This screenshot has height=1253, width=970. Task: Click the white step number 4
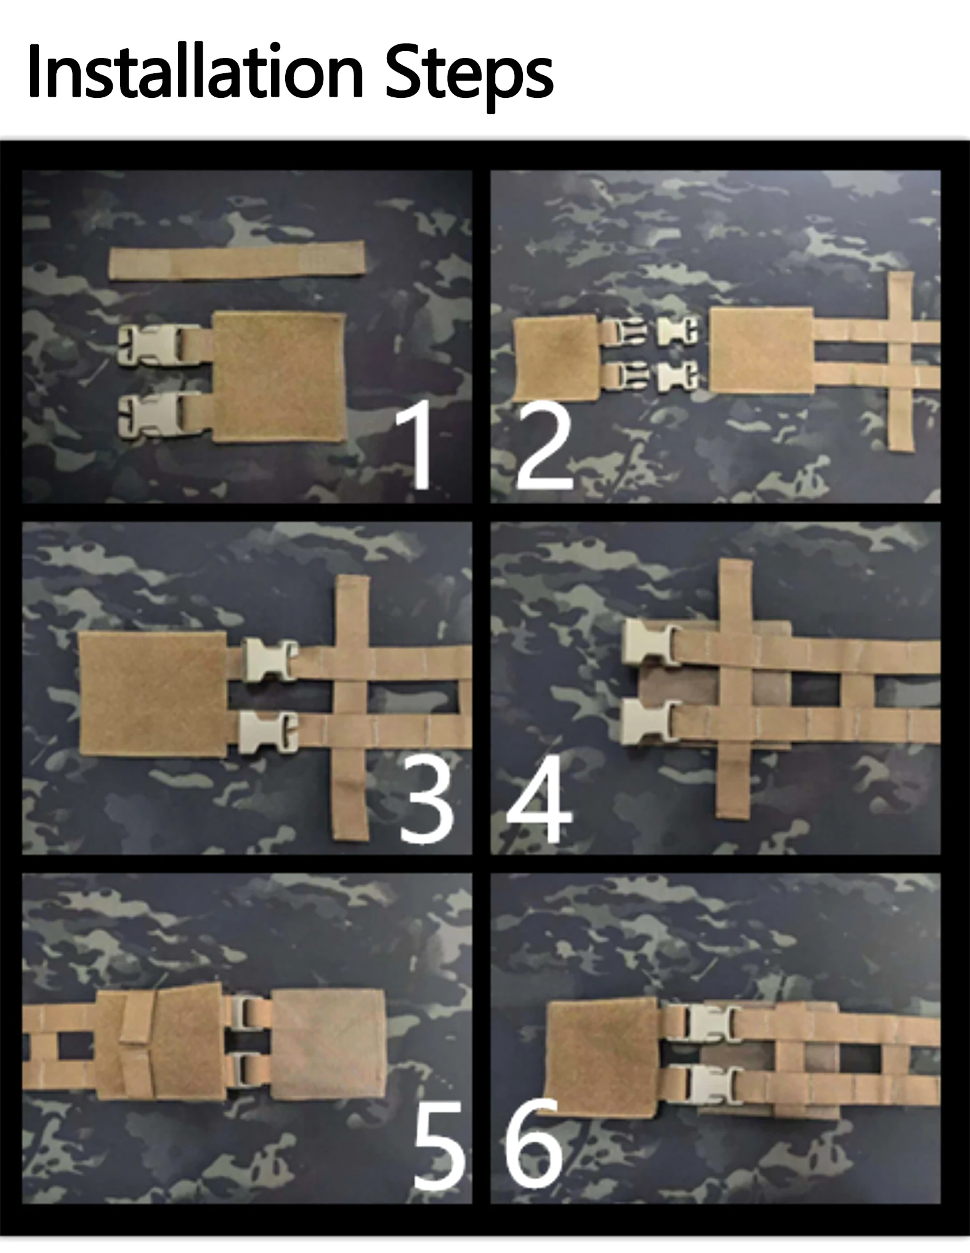point(540,799)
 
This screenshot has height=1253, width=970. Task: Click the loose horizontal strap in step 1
point(237,260)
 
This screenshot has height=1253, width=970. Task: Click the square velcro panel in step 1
point(278,377)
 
